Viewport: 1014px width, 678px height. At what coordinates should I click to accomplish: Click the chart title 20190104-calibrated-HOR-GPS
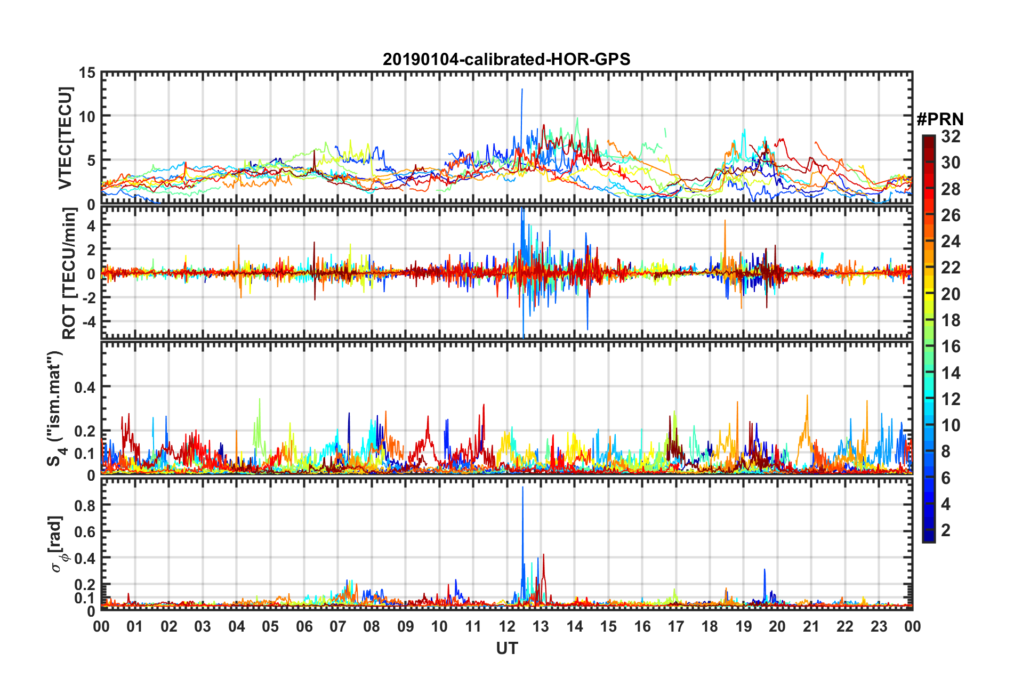click(506, 59)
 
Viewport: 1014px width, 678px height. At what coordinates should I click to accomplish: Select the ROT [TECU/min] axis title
click(69, 273)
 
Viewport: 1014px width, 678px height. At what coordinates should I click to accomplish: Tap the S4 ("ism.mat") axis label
click(55, 408)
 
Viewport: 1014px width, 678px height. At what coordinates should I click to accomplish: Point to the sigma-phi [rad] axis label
click(57, 544)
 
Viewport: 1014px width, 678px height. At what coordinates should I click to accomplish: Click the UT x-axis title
click(506, 648)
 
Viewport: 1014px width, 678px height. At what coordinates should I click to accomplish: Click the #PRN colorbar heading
click(940, 119)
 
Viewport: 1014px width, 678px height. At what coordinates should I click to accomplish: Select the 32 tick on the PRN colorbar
click(951, 136)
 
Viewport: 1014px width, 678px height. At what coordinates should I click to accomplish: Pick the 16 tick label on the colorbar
click(951, 346)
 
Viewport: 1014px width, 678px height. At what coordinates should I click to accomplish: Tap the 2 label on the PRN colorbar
click(946, 530)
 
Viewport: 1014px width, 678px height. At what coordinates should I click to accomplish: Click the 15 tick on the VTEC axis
click(87, 72)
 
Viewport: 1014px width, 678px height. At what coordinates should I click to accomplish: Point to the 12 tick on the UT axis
click(506, 626)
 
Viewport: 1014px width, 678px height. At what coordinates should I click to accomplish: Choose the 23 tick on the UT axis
click(879, 626)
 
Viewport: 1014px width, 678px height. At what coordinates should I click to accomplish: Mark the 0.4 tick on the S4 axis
click(85, 387)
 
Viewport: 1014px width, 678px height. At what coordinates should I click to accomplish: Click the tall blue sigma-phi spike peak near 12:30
click(522, 487)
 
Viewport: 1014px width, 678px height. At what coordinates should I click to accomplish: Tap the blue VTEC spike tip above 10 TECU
click(522, 89)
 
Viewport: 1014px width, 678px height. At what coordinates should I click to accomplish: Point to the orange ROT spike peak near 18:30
click(725, 221)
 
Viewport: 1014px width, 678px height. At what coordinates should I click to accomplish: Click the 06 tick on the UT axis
click(304, 626)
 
